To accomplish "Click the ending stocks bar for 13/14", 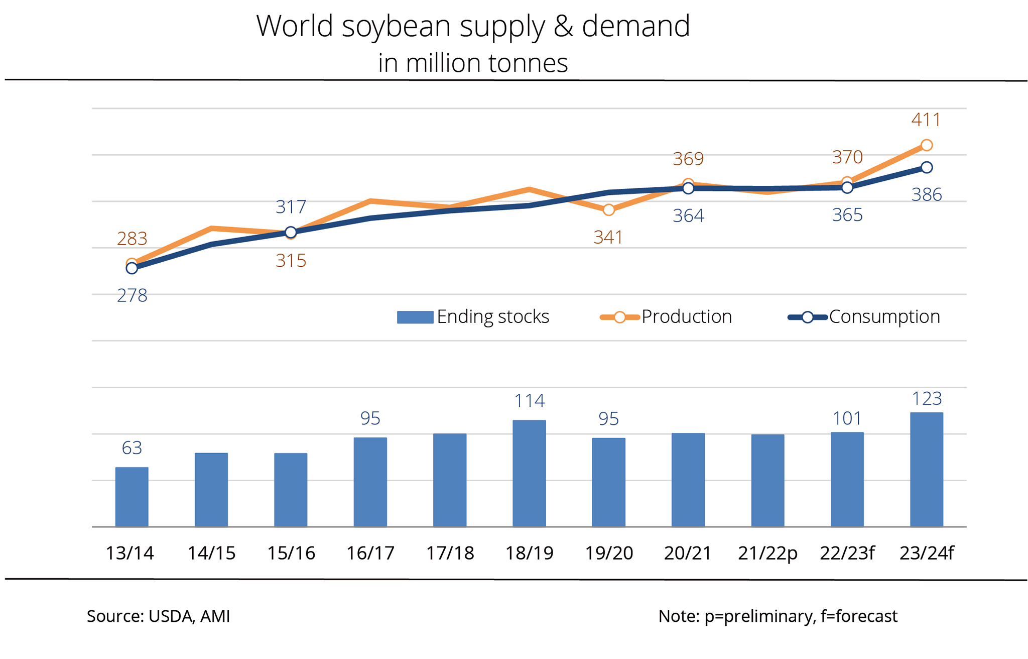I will (x=132, y=497).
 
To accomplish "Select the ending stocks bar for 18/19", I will (x=529, y=473).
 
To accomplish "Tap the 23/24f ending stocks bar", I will (x=927, y=469).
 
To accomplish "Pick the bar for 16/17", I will (x=370, y=482).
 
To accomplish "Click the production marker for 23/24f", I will (x=927, y=145).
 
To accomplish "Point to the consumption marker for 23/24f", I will (x=927, y=167).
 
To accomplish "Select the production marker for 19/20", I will (x=608, y=210).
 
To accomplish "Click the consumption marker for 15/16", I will (x=291, y=232).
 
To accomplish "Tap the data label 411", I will (x=926, y=120).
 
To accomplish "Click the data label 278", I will (x=132, y=296).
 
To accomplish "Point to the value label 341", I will (x=608, y=238).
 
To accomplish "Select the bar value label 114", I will (x=530, y=401).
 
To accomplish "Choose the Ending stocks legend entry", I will (x=473, y=317).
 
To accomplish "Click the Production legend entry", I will (x=666, y=317).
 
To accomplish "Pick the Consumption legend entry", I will (x=864, y=317).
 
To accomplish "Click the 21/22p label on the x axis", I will (x=767, y=553).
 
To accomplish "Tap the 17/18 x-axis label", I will (x=450, y=553).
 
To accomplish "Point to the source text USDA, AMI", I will (x=189, y=616).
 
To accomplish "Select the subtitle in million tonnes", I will (x=473, y=63).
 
